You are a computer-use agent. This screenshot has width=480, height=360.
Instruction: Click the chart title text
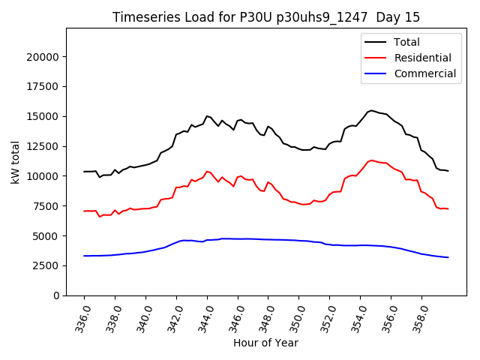[x=266, y=16]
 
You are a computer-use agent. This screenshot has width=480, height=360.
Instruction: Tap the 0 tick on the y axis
[x=57, y=295]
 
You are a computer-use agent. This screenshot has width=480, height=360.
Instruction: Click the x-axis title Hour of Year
[x=266, y=343]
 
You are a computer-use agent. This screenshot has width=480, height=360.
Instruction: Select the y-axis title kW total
[x=14, y=162]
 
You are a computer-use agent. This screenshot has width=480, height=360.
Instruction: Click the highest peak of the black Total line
[x=370, y=110]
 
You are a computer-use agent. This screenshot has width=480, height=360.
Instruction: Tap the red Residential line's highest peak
[x=370, y=160]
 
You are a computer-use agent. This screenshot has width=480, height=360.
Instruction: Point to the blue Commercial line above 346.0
[x=238, y=238]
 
